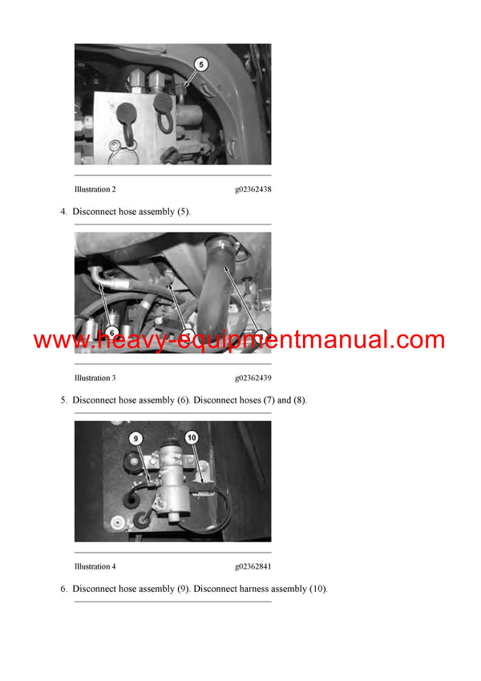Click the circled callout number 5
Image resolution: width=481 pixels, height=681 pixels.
201,64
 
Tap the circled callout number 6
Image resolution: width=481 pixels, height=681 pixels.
111,331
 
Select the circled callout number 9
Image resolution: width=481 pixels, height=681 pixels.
136,438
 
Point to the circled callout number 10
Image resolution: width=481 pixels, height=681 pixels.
192,438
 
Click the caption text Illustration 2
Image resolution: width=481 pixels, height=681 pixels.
95,189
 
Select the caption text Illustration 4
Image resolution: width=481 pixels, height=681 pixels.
95,566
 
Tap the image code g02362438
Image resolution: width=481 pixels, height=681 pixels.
253,189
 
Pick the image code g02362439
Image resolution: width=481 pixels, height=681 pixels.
253,378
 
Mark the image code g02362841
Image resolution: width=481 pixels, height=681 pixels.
253,566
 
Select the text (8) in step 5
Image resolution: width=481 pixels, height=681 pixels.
297,400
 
